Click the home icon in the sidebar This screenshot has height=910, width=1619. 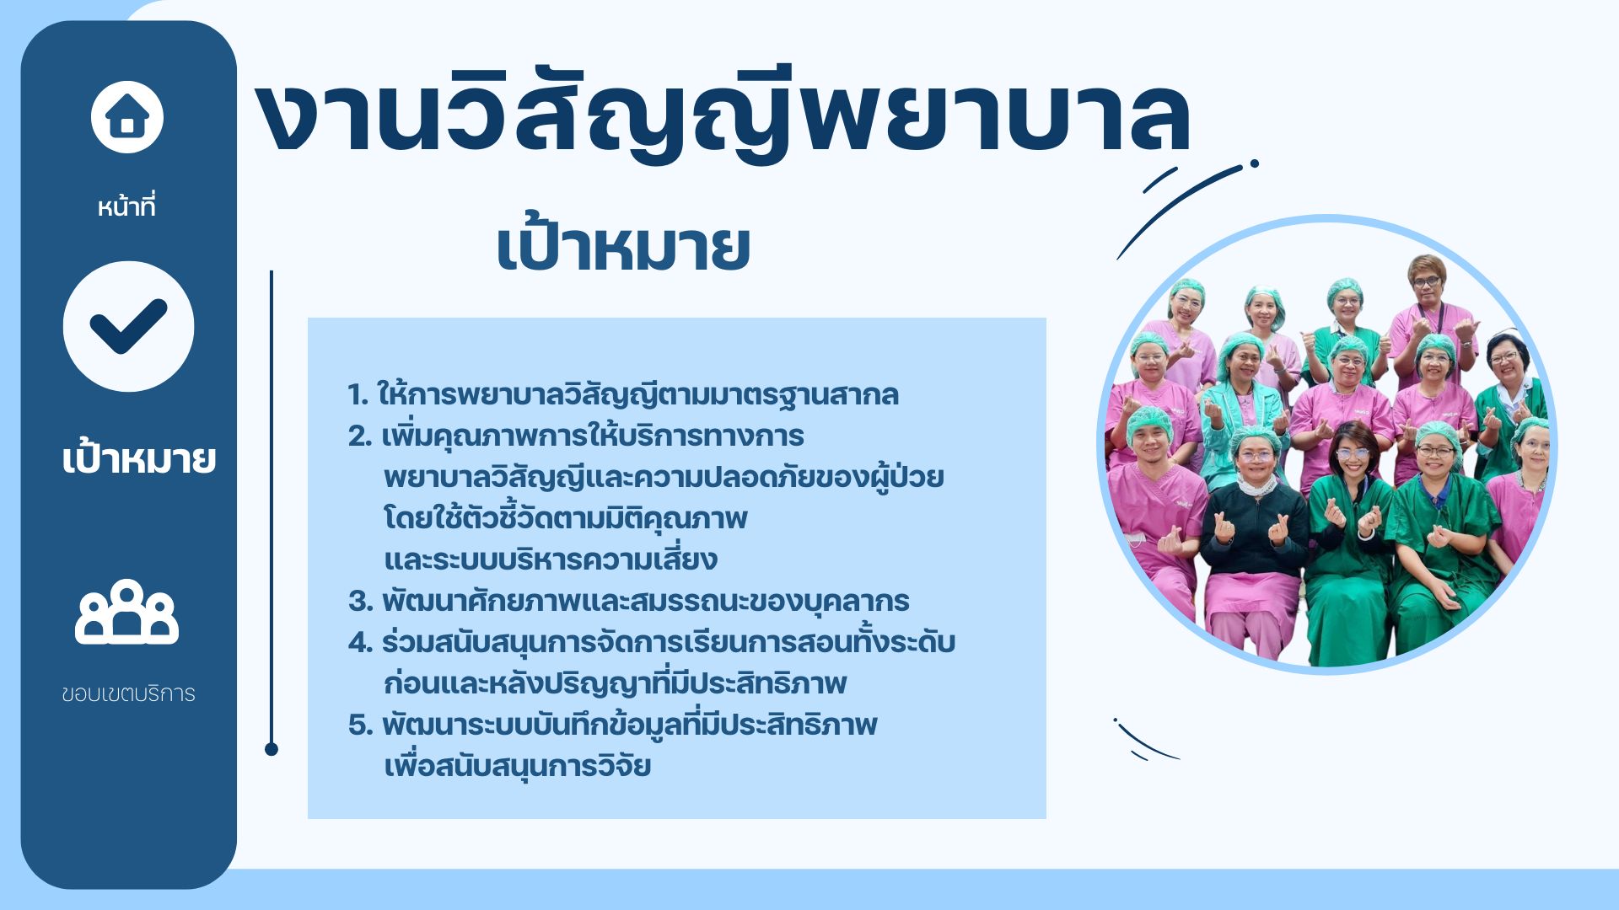click(127, 117)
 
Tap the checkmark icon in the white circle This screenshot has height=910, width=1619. click(128, 326)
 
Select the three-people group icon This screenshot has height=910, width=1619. click(126, 612)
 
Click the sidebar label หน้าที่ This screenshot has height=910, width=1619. click(126, 206)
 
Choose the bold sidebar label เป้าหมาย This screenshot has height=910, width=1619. click(139, 458)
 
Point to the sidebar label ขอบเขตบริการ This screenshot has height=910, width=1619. click(128, 693)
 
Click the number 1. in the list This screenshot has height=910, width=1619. click(358, 394)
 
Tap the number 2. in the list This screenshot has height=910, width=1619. click(360, 436)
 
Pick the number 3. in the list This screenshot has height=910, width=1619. click(360, 601)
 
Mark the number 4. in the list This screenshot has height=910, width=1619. click(360, 642)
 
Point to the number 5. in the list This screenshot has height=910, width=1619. click(360, 725)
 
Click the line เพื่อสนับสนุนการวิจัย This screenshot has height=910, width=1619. click(517, 765)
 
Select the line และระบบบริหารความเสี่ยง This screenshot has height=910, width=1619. click(551, 559)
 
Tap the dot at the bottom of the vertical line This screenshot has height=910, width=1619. click(272, 749)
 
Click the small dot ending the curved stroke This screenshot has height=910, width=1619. click(1255, 163)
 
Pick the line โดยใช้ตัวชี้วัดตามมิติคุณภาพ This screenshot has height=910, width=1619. click(566, 517)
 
